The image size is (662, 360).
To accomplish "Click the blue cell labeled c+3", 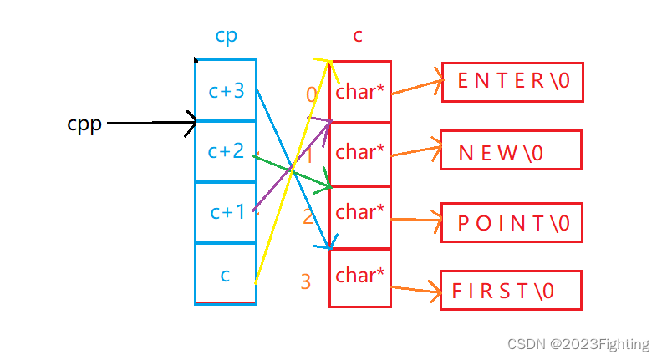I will pyautogui.click(x=226, y=90).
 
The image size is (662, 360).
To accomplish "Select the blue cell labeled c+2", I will pyautogui.click(x=226, y=151).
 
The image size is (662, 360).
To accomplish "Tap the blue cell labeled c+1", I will pyautogui.click(x=226, y=213).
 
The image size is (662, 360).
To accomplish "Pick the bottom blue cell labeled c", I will pyautogui.click(x=226, y=274).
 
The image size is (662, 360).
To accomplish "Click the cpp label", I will pyautogui.click(x=84, y=124).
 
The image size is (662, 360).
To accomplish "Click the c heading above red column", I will pyautogui.click(x=357, y=35).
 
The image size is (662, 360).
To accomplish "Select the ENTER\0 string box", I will pyautogui.click(x=512, y=82).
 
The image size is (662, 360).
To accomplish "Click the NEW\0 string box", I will pyautogui.click(x=510, y=152).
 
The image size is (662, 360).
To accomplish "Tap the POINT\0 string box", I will pyautogui.click(x=512, y=223).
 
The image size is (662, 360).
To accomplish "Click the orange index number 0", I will pyautogui.click(x=312, y=94).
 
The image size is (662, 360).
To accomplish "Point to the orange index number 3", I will pyautogui.click(x=305, y=282).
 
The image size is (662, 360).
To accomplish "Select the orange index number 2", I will pyautogui.click(x=308, y=217).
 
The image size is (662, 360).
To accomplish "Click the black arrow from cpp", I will pyautogui.click(x=150, y=124).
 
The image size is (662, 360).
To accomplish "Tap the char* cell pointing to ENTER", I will pyautogui.click(x=360, y=92).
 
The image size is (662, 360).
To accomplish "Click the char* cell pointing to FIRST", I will pyautogui.click(x=360, y=276).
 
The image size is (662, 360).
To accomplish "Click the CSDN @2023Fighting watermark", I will pyautogui.click(x=588, y=343).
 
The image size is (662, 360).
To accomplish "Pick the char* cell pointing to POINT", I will pyautogui.click(x=360, y=213).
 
